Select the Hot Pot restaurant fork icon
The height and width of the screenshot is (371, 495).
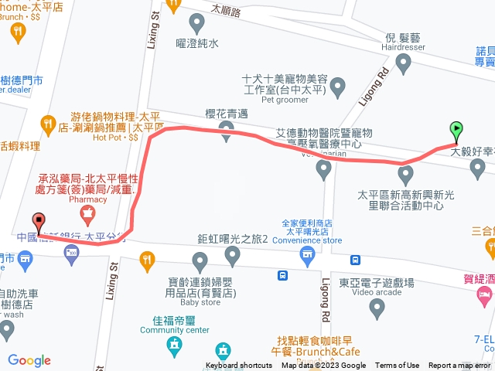point(49,122)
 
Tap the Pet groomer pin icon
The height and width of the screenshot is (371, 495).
point(337,90)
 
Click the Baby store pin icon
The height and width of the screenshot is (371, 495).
point(200,260)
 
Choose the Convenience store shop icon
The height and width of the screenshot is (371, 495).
point(307,254)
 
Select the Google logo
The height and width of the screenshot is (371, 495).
point(29,360)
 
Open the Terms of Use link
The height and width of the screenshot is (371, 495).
point(398,366)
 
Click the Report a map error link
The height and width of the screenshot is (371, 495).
point(461,366)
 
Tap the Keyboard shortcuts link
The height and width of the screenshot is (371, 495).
point(239,366)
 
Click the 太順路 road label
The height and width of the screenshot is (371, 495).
point(226,12)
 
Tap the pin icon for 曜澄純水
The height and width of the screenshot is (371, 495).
point(174,22)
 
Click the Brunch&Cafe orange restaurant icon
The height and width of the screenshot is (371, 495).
point(224,350)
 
